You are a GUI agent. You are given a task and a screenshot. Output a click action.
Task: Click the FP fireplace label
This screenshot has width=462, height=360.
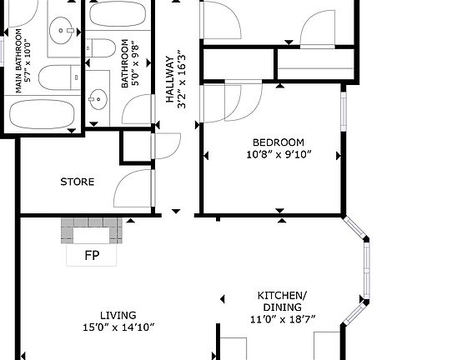(92, 256)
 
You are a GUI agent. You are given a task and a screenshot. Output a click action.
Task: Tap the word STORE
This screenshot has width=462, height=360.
(78, 182)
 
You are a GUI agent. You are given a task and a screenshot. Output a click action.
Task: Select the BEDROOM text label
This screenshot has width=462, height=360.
(279, 142)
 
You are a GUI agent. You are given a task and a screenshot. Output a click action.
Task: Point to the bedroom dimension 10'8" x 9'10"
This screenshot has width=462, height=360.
(279, 154)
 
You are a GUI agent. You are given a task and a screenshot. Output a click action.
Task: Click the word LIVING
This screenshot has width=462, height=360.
(118, 316)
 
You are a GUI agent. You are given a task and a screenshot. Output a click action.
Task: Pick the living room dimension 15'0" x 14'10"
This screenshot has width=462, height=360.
(118, 327)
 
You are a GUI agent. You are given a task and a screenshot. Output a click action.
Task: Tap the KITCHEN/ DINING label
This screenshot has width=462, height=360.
(282, 301)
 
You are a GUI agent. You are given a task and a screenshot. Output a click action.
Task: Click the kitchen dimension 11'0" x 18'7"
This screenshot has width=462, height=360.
(283, 319)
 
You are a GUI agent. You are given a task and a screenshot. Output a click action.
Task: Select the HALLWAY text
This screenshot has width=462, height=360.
(170, 79)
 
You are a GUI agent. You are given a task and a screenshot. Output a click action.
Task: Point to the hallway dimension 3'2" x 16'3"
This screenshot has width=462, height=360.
(182, 79)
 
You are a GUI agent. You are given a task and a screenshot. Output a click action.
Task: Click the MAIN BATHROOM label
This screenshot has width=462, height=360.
(18, 61)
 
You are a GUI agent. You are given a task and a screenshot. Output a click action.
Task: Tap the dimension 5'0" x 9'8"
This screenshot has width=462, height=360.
(134, 63)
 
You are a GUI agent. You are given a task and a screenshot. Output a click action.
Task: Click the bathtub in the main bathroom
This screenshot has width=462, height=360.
(42, 114)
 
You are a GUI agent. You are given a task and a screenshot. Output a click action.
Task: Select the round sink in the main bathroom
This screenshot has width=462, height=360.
(61, 31)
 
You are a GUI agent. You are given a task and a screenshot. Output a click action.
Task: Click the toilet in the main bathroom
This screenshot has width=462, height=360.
(59, 77)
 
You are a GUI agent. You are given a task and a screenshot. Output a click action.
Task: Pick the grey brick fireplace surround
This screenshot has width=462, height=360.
(92, 231)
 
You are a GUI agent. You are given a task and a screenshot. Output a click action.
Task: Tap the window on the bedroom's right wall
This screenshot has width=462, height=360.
(344, 112)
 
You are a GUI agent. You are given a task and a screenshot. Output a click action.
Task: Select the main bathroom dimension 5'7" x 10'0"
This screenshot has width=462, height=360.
(28, 61)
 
